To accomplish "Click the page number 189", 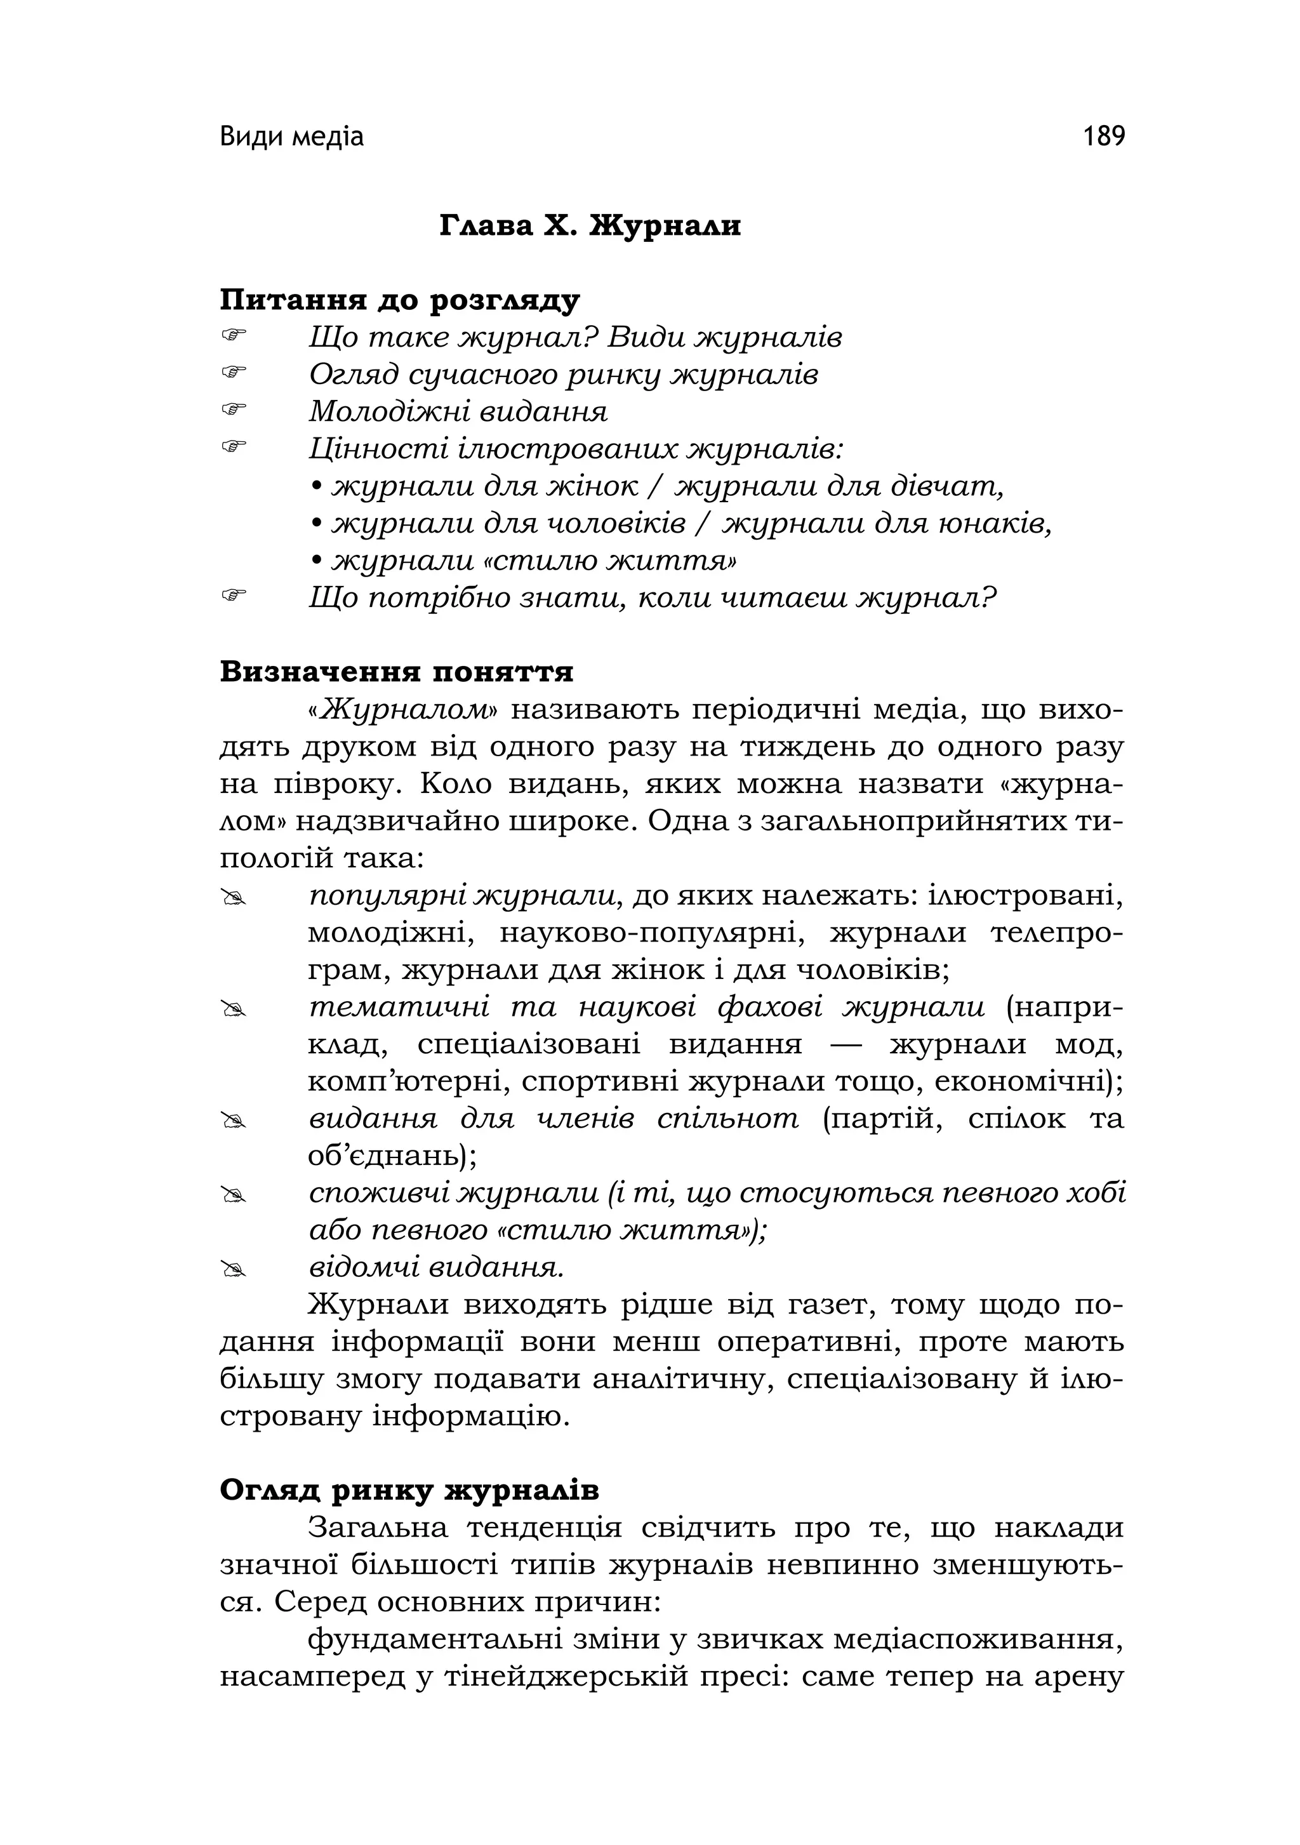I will (1103, 137).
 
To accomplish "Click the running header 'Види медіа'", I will (291, 137).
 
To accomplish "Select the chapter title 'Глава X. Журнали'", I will (590, 227).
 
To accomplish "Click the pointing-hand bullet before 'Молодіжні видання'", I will (233, 409).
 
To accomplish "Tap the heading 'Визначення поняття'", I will (396, 672).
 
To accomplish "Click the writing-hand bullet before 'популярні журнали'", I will (233, 899).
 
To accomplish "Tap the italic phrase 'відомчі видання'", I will (436, 1267).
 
